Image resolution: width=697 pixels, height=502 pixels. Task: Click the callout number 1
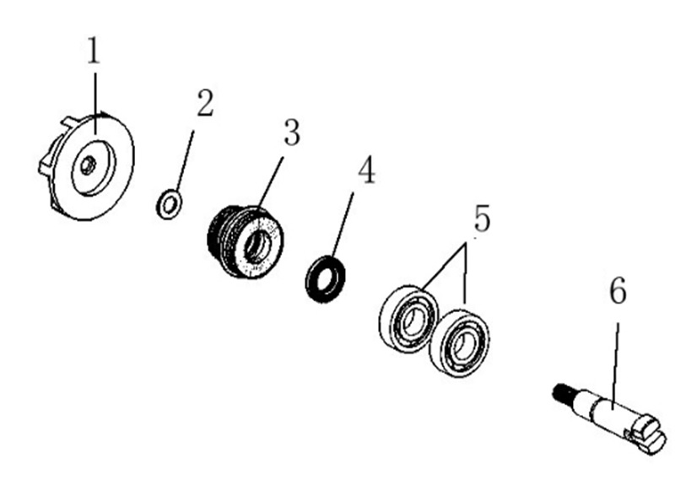pyautogui.click(x=94, y=51)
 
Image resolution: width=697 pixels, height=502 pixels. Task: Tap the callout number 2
pyautogui.click(x=205, y=103)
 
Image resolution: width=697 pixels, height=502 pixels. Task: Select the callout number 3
pyautogui.click(x=292, y=132)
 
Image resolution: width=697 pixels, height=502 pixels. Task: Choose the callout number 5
pyautogui.click(x=482, y=218)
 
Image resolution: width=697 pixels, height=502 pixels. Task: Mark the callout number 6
pyautogui.click(x=618, y=290)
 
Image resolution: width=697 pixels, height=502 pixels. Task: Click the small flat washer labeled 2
pyautogui.click(x=169, y=204)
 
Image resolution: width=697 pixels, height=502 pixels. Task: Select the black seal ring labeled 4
pyautogui.click(x=325, y=278)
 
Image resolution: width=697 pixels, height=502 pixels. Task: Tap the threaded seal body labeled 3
pyautogui.click(x=245, y=242)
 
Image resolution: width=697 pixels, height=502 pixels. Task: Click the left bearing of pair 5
pyautogui.click(x=408, y=319)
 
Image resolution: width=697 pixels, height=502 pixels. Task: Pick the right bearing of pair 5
pyautogui.click(x=459, y=343)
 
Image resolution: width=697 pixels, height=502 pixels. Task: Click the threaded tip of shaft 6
pyautogui.click(x=562, y=391)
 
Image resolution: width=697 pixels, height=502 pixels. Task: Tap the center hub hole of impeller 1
pyautogui.click(x=88, y=165)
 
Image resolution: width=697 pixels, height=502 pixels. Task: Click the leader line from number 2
pyautogui.click(x=185, y=161)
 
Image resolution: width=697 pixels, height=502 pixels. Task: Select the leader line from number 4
pyautogui.click(x=343, y=225)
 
